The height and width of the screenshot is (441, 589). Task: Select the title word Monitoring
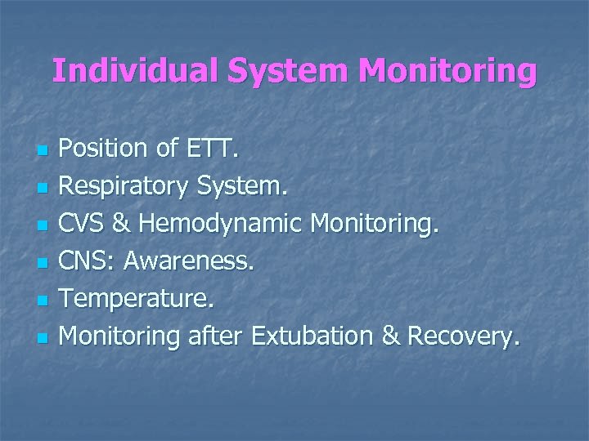pos(447,71)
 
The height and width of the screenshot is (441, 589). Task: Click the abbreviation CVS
pos(83,225)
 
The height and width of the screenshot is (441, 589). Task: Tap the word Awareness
pos(189,261)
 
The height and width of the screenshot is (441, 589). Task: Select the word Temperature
pos(136,298)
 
